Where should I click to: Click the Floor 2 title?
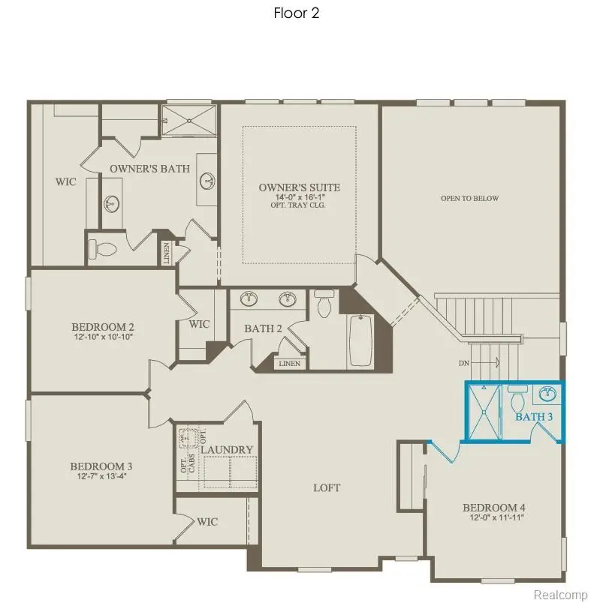click(296, 13)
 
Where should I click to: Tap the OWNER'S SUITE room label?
click(299, 187)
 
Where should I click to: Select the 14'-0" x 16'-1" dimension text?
click(299, 198)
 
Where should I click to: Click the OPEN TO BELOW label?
click(469, 199)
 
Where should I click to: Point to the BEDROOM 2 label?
click(103, 327)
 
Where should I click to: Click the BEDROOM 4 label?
click(494, 508)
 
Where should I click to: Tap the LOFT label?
click(327, 487)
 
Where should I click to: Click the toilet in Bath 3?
click(517, 394)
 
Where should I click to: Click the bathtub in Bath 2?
click(360, 340)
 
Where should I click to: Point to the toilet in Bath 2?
click(325, 306)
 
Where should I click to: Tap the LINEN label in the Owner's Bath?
click(166, 253)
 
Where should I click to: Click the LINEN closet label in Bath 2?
click(289, 364)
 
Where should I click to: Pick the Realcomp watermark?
click(559, 594)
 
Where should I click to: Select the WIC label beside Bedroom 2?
click(200, 324)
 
